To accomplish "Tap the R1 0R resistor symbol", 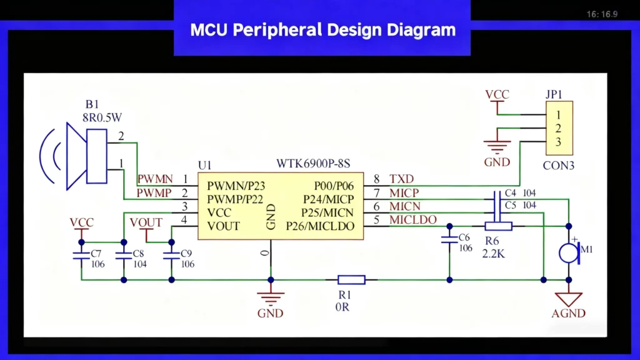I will tap(351, 280).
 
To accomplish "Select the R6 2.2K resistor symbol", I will tap(499, 226).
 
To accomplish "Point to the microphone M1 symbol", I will tap(568, 252).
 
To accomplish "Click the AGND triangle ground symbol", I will tap(568, 299).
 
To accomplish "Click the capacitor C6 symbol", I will tap(448, 239).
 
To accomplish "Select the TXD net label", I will tap(401, 179).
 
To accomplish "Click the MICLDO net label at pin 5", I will tap(413, 220).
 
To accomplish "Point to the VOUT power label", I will tap(146, 223).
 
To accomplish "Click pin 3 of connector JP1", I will tap(558, 142).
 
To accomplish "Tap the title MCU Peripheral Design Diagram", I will tap(322, 29).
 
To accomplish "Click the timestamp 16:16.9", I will tap(602, 14).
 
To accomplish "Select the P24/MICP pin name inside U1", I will tap(329, 199).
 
